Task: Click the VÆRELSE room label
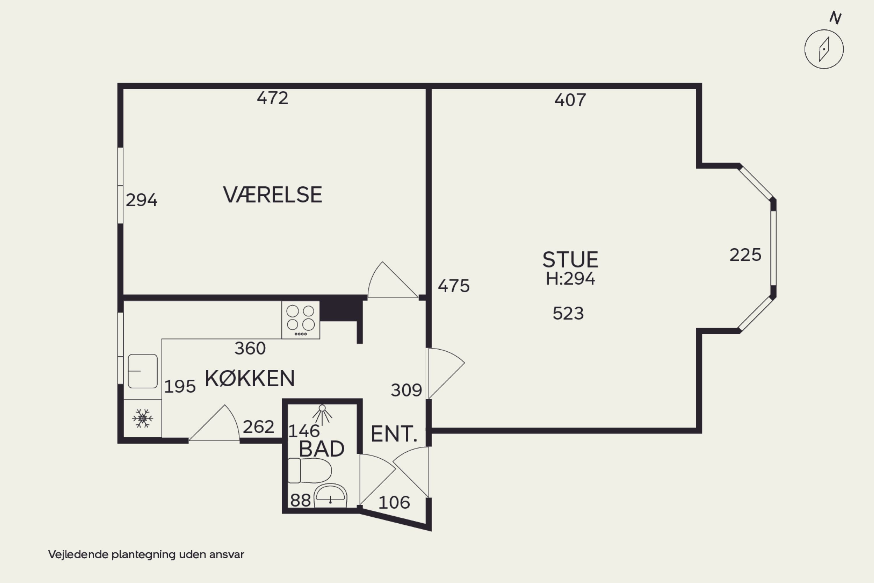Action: (x=272, y=195)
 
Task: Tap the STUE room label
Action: (x=570, y=260)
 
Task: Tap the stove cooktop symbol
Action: (x=301, y=320)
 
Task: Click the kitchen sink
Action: (x=143, y=371)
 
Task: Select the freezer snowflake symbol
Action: (x=142, y=418)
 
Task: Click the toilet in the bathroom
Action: (x=310, y=470)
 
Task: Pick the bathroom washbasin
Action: (x=330, y=496)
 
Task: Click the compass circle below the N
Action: (x=824, y=49)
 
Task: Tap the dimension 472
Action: (x=272, y=98)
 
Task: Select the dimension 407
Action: (x=570, y=100)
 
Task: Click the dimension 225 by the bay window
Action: (x=745, y=255)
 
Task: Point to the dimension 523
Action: (x=568, y=313)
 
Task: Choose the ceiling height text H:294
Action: (x=570, y=279)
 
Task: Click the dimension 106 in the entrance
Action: (x=394, y=503)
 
